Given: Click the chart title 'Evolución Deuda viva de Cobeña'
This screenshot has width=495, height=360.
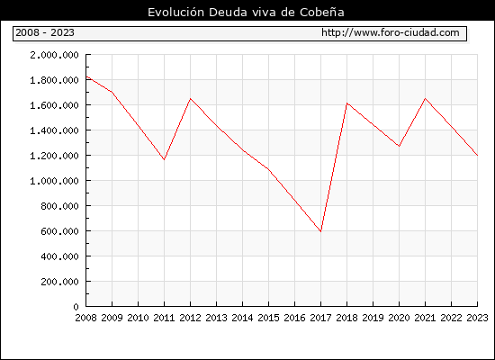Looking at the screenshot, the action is (246, 13).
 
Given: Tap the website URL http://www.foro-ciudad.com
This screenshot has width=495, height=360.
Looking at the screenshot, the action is (391, 32).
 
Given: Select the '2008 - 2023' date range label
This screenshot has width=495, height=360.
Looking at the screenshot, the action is (45, 32).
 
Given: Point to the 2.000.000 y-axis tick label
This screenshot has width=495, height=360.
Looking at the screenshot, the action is (54, 55).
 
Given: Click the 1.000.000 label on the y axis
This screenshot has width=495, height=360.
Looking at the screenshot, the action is (54, 181).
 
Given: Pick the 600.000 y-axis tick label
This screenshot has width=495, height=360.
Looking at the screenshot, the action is (59, 231).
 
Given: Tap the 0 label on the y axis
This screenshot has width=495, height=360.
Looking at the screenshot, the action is (76, 307).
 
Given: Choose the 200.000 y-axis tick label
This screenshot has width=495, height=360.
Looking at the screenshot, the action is (59, 282).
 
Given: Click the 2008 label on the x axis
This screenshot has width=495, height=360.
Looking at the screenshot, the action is (85, 318).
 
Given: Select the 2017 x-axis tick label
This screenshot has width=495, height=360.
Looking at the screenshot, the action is (320, 318).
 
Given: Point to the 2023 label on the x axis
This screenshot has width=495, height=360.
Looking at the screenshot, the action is (477, 318).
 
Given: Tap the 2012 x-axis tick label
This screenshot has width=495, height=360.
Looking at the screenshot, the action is (191, 318).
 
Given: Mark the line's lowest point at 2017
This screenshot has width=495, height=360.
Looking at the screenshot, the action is (320, 231).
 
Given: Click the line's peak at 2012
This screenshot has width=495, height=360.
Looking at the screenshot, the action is (191, 99).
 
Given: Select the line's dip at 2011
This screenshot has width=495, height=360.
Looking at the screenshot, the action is (164, 159).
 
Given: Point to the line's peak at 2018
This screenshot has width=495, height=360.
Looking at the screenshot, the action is (346, 103).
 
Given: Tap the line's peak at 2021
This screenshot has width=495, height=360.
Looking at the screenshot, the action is (425, 98).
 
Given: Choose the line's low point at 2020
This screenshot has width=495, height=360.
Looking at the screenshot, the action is (399, 146).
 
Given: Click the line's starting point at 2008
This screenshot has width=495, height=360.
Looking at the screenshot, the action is (86, 76).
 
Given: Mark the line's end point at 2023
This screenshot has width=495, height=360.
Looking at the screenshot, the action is (477, 155).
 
